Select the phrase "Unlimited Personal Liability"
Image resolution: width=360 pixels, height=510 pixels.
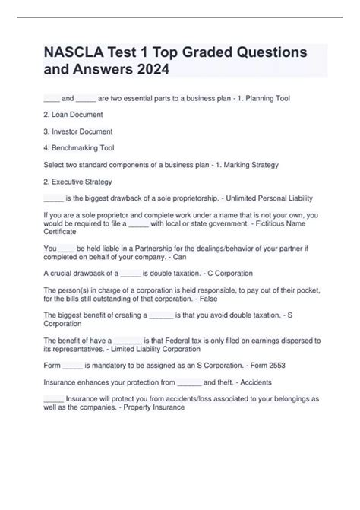pyautogui.click(x=268, y=198)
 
